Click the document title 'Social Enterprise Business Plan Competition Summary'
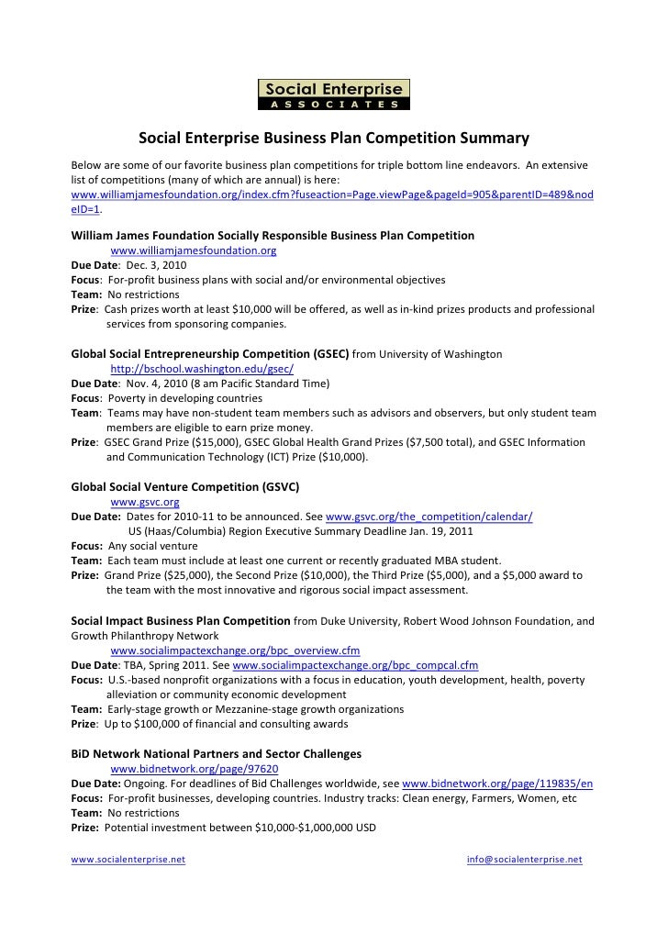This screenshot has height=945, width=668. point(334,139)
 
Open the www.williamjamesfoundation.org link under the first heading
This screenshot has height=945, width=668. point(194,250)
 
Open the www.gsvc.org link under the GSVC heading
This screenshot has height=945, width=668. point(144,502)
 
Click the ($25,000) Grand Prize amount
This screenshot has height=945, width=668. point(184,575)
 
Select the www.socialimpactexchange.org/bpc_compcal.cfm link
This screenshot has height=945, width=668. point(356,665)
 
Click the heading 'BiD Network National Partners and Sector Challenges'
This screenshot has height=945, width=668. point(216,753)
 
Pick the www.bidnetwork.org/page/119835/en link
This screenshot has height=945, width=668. point(497,784)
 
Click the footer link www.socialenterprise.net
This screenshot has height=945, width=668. point(128,860)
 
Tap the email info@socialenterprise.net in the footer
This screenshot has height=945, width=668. point(524,860)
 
